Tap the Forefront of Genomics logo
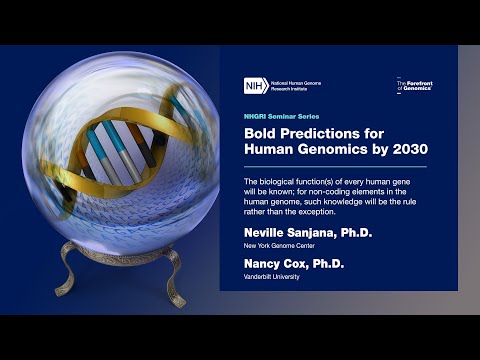tap(412, 87)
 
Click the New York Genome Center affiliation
tap(277, 244)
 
